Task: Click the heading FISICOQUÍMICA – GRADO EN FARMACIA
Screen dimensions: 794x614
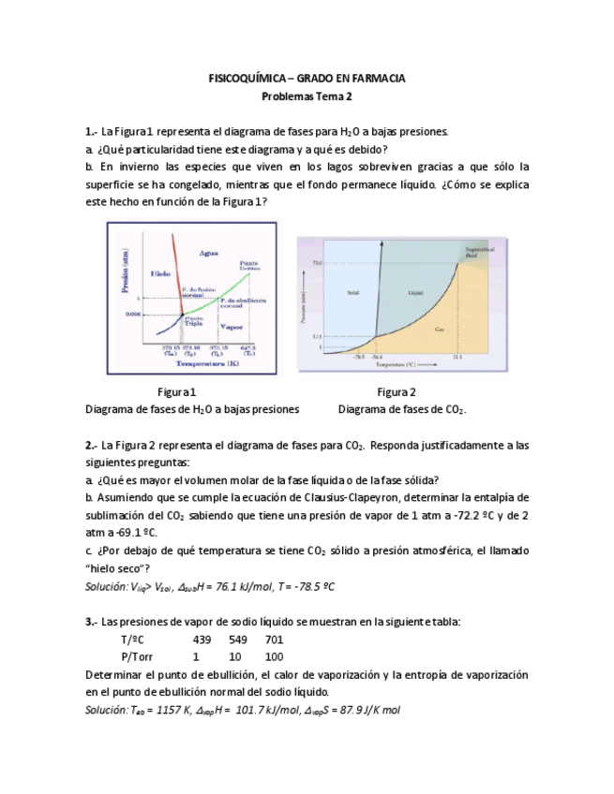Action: [307, 79]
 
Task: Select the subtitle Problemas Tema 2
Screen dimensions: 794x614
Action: [307, 96]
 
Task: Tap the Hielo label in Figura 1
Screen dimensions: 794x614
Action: [160, 273]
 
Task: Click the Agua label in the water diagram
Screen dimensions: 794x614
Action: [209, 253]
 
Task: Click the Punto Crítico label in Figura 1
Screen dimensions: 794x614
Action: [248, 265]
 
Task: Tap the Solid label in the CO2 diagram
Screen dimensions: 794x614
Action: [352, 292]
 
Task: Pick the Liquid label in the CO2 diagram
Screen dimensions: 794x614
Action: [416, 292]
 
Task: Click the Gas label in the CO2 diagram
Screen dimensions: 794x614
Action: [439, 330]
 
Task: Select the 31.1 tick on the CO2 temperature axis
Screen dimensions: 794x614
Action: [457, 357]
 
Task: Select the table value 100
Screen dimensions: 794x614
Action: [274, 656]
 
